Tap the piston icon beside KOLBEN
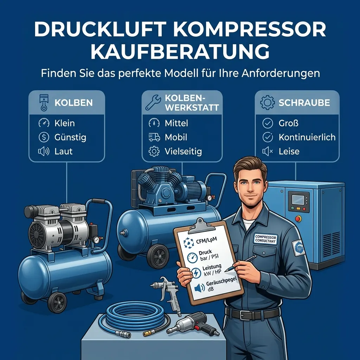pos(44,103)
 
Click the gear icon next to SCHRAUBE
pos(267,103)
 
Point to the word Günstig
pos(70,137)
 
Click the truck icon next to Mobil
pos(154,137)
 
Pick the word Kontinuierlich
pos(307,137)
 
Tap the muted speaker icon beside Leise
pos(268,151)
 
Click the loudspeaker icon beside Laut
pos(44,151)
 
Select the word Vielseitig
pos(183,151)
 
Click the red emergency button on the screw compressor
pos(298,218)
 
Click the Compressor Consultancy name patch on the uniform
pos(265,239)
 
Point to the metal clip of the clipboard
pos(201,226)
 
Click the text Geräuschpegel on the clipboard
pos(221,282)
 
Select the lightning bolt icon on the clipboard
pos(196,273)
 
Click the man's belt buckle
pos(245,315)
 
